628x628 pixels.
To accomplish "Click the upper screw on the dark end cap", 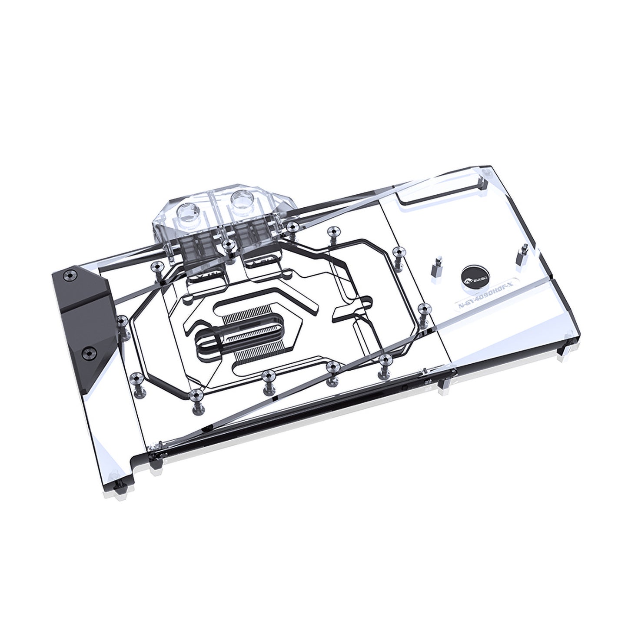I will (x=69, y=276).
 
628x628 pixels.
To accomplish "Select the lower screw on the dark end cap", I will (x=89, y=350).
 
